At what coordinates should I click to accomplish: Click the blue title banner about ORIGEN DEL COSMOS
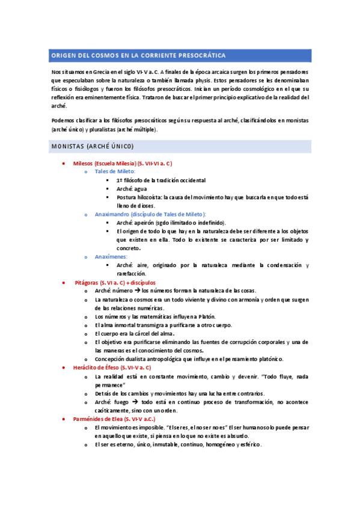click(x=180, y=56)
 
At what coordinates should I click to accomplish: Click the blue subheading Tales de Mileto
click(x=115, y=171)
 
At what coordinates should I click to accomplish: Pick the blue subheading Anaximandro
click(x=150, y=214)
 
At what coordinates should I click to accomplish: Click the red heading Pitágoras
click(x=114, y=282)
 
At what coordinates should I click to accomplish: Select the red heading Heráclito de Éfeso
click(x=112, y=367)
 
